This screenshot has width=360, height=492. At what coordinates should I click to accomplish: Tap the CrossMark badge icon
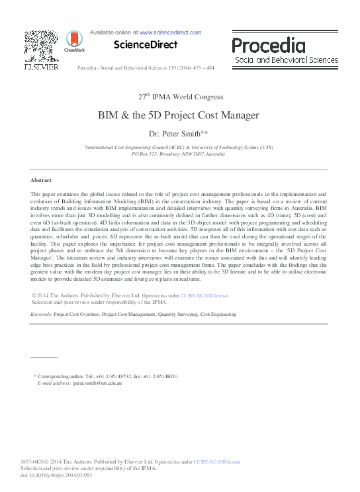[x=69, y=42]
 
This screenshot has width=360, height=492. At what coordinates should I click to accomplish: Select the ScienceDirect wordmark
[x=146, y=45]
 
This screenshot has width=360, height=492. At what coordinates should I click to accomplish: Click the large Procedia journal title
[x=268, y=46]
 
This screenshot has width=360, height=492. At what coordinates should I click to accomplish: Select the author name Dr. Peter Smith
[x=177, y=133]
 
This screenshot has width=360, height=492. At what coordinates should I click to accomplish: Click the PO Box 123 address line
[x=179, y=153]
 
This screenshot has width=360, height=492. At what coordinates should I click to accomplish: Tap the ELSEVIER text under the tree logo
[x=41, y=68]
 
